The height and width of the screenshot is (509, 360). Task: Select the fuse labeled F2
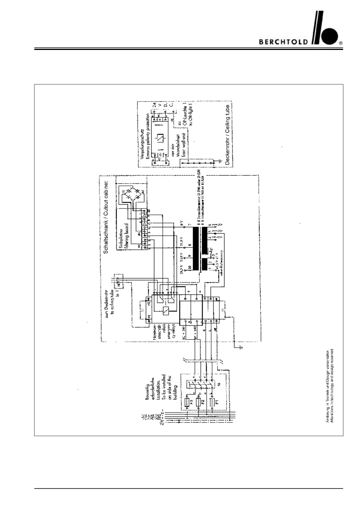point(199,402)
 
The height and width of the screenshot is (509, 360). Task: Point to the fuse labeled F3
point(188,402)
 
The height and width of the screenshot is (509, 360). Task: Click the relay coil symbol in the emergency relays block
point(165,310)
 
